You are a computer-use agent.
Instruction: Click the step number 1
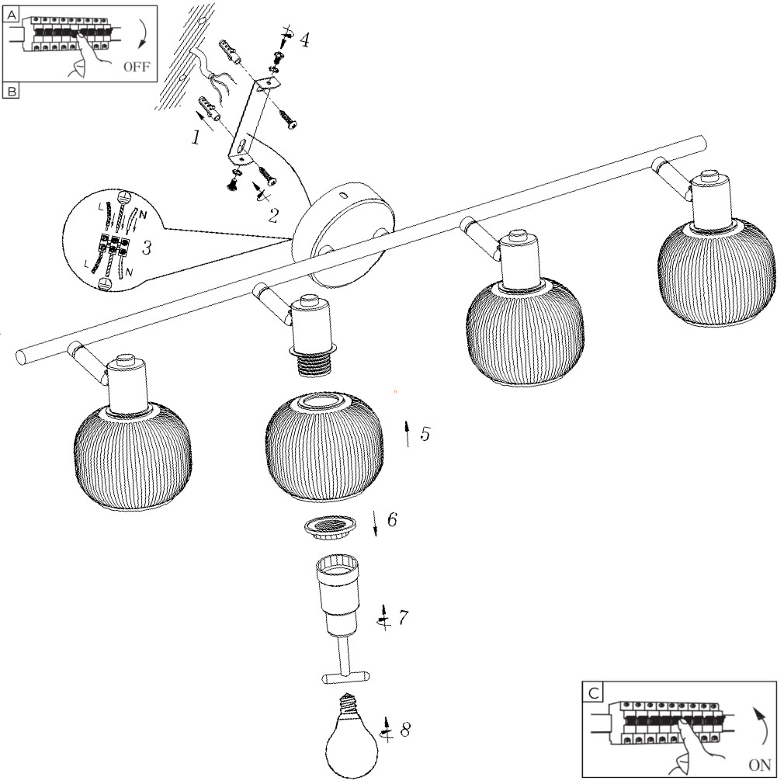pos(196,137)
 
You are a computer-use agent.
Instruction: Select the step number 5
pos(425,434)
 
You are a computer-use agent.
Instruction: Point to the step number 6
pos(392,520)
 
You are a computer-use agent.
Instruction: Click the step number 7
pos(403,618)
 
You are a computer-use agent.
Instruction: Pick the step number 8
pos(405,730)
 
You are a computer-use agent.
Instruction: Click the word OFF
pos(136,67)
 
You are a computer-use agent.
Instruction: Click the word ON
pos(760,765)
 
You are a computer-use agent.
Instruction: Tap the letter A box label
pos(12,13)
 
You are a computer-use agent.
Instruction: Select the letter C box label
pos(593,692)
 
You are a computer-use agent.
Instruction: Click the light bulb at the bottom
pos(350,737)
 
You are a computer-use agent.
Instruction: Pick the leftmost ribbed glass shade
pos(132,458)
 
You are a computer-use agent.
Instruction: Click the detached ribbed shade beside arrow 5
pos(324,449)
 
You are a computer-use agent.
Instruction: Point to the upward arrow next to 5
pos(408,434)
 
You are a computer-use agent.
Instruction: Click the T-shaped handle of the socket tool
pos(345,678)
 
